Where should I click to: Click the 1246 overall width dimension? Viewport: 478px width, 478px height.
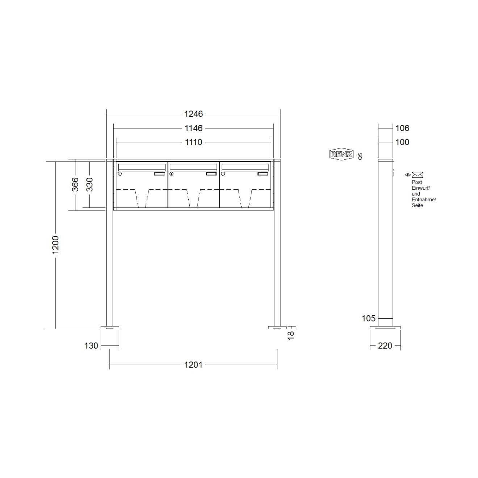[x=193, y=114]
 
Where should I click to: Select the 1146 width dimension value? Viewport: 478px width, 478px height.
[x=193, y=128]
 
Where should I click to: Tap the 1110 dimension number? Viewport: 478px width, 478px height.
[x=193, y=142]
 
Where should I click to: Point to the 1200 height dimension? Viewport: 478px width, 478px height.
[x=55, y=245]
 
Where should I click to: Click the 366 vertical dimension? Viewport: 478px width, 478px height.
[x=75, y=184]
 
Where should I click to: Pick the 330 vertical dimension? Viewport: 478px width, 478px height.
[x=89, y=184]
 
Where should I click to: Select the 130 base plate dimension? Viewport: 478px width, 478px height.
[x=91, y=346]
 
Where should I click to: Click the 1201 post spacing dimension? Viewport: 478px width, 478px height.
[x=193, y=365]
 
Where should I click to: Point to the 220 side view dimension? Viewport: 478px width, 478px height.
[x=385, y=346]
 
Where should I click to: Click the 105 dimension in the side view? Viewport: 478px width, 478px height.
[x=369, y=318]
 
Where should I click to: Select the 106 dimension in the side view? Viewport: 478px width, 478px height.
[x=402, y=128]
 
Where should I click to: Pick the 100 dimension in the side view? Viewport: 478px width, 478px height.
[x=402, y=142]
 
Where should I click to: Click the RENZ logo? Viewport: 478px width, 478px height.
[x=341, y=154]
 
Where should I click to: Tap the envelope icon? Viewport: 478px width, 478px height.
[x=418, y=175]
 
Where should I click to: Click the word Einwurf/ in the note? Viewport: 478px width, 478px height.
[x=420, y=188]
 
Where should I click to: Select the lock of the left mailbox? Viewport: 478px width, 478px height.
[x=119, y=174]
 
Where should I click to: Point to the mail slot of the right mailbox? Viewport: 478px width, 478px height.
[x=245, y=167]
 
